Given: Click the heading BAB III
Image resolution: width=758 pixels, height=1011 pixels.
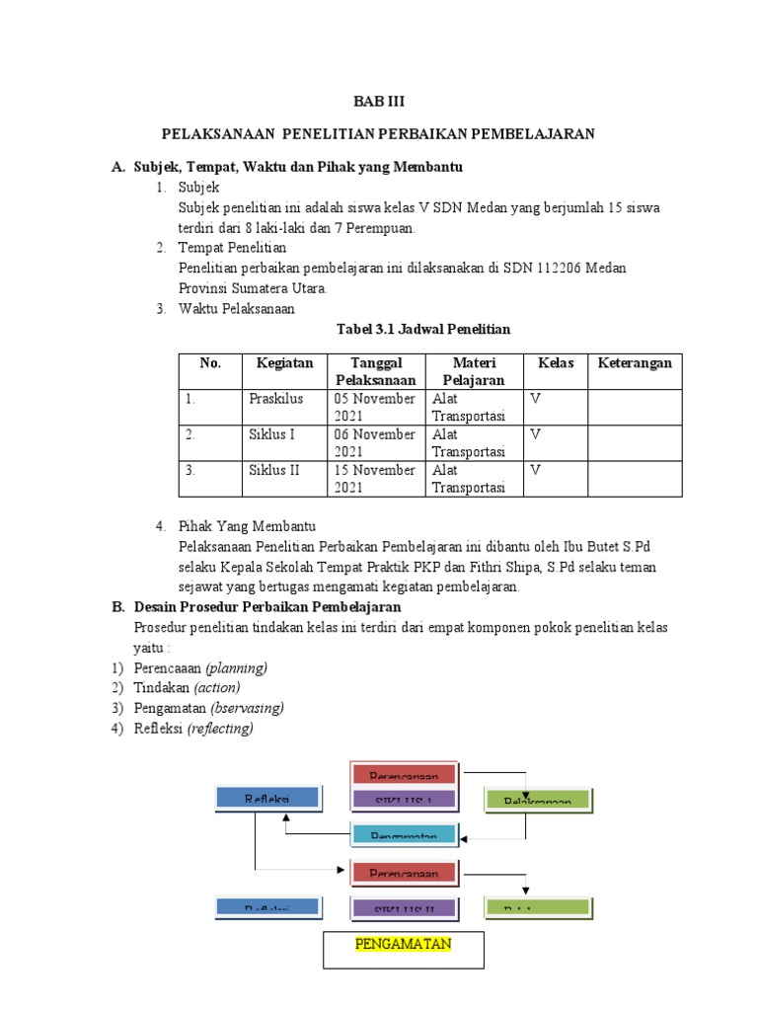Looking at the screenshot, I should point(379,102).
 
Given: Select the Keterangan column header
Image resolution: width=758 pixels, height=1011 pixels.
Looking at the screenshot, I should point(635,363).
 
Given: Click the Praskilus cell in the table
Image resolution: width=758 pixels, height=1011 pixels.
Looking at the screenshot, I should point(275,399).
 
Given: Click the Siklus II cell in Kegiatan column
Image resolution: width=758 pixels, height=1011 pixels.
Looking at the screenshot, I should point(273,470).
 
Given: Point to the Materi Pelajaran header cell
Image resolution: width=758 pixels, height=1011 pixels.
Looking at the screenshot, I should point(473,371).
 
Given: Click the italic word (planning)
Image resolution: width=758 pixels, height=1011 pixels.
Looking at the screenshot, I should point(236,668).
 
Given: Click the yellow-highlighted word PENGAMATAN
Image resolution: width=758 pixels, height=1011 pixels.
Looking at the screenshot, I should point(403,944).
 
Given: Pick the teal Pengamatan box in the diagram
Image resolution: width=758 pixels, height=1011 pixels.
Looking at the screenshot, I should point(404,835).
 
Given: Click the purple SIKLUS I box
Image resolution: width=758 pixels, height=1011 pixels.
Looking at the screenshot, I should point(404,800).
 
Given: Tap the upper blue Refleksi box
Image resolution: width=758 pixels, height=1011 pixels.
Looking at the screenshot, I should point(266,798).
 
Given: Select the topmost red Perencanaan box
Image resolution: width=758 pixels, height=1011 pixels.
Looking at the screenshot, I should point(404,776).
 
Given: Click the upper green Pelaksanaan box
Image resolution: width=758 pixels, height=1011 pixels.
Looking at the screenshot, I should point(537,801).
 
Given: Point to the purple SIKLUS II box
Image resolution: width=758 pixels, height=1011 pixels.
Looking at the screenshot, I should point(404,907).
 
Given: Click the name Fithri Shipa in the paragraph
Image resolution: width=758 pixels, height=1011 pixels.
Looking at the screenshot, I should point(535,568).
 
